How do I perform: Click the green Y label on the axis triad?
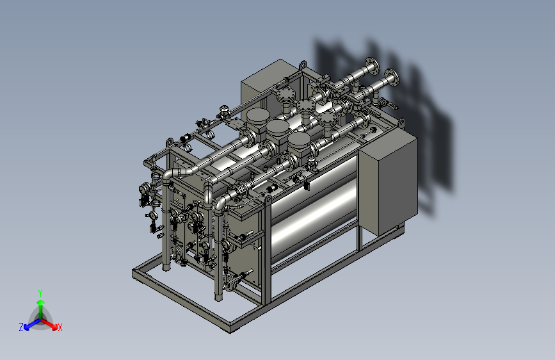pos(40,293)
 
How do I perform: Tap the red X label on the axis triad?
pos(60,328)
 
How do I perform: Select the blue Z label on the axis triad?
pos(21,327)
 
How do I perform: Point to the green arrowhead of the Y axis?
pos(41,302)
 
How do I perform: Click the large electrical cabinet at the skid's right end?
pos(389,181)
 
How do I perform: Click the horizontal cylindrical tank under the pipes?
pos(314,209)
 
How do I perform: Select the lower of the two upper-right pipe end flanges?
pos(392,78)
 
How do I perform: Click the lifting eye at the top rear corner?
pos(303,65)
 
